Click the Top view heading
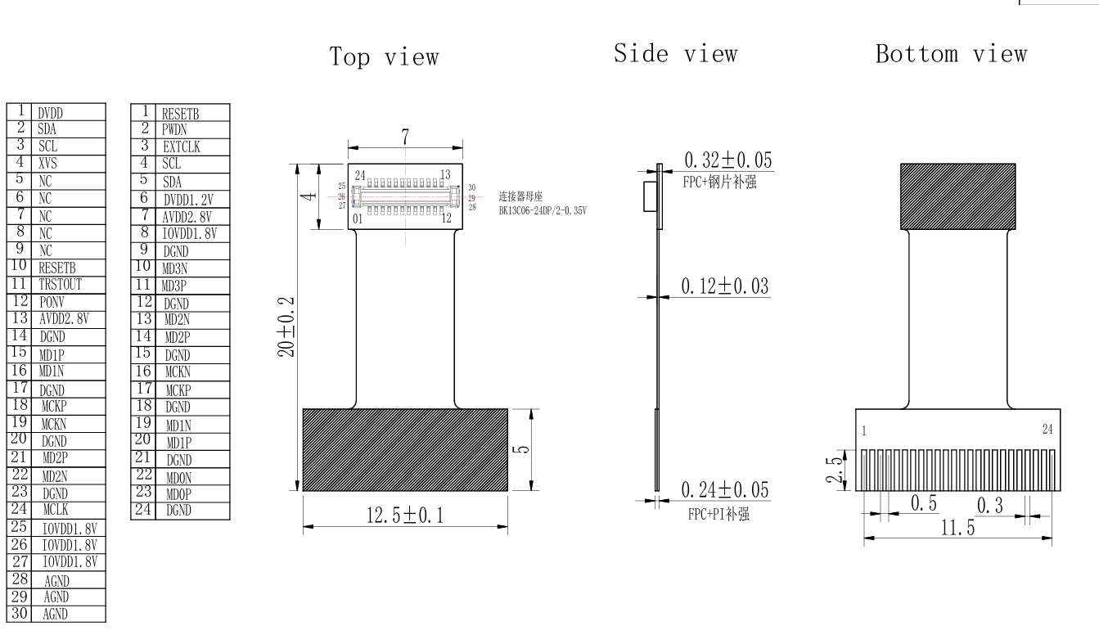[384, 57]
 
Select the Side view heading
[676, 53]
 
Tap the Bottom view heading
[952, 53]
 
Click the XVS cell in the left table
[47, 164]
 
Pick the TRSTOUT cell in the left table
[60, 285]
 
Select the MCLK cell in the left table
[56, 509]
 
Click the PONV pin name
[52, 302]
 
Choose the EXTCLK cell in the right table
[182, 146]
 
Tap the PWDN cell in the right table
[174, 129]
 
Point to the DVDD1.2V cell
[188, 200]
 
